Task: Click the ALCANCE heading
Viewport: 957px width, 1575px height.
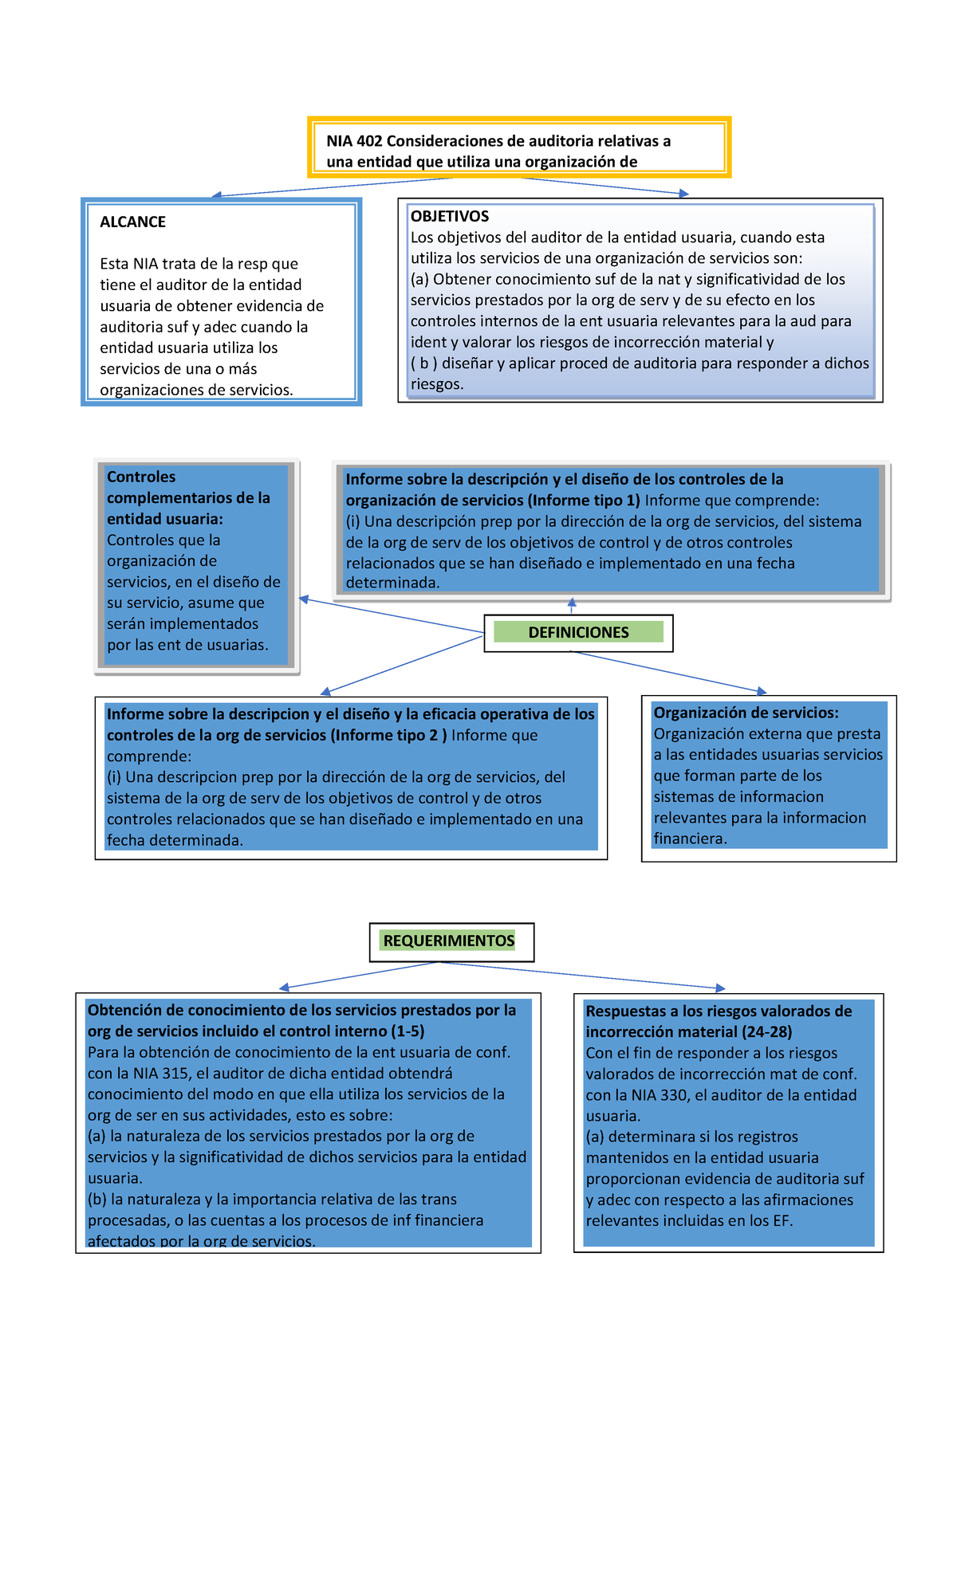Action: (x=132, y=222)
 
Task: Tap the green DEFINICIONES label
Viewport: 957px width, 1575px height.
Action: (x=578, y=632)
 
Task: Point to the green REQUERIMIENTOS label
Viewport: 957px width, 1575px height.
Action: (x=448, y=941)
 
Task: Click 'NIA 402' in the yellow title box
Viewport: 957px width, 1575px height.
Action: (x=354, y=141)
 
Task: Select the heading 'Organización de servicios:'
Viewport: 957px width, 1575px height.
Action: (x=746, y=713)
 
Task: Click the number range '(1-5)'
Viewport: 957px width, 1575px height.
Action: (x=408, y=1031)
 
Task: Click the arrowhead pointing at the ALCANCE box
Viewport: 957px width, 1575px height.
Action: (x=216, y=194)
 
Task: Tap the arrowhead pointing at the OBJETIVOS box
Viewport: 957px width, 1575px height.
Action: (x=683, y=194)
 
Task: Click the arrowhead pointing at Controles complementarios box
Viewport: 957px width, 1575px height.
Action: (x=304, y=599)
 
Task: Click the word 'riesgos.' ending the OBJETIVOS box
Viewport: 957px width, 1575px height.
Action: (x=437, y=384)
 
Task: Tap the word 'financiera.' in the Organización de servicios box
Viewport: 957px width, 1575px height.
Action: (x=690, y=839)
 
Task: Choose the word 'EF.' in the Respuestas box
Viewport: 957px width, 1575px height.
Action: (x=782, y=1220)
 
